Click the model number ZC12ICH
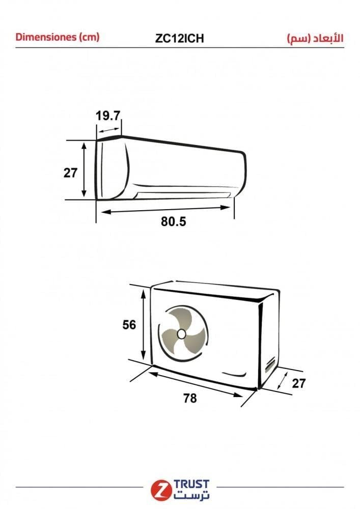(180, 38)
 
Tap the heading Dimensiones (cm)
(58, 37)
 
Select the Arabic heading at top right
(315, 39)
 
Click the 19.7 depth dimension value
(108, 116)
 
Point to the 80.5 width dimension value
(173, 221)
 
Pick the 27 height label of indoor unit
(70, 173)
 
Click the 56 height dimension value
(129, 325)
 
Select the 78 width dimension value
(190, 398)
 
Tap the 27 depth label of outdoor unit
(299, 383)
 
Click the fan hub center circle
(181, 334)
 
